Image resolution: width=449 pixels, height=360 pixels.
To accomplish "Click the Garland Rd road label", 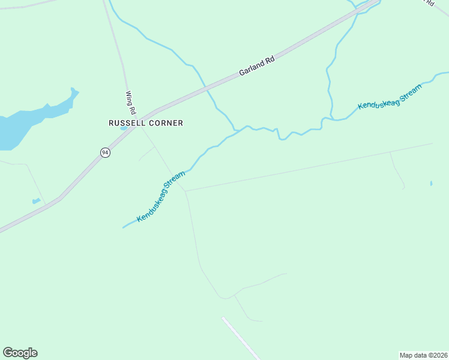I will pyautogui.click(x=256, y=65).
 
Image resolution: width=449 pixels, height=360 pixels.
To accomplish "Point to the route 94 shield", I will pyautogui.click(x=105, y=152).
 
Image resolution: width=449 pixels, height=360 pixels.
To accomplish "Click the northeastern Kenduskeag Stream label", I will pyautogui.click(x=390, y=97).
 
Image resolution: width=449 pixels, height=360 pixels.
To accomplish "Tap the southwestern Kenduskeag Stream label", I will pyautogui.click(x=161, y=196).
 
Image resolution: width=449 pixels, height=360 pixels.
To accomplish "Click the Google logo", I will pyautogui.click(x=20, y=352).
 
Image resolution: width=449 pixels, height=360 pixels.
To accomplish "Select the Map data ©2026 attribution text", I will pyautogui.click(x=423, y=355).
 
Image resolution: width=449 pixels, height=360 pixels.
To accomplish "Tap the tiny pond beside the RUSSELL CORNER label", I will pyautogui.click(x=123, y=128).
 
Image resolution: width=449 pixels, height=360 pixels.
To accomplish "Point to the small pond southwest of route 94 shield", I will pyautogui.click(x=37, y=201).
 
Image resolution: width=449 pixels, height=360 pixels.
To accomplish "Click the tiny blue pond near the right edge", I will pyautogui.click(x=431, y=183).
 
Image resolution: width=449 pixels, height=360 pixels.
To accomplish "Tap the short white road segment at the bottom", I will pyautogui.click(x=240, y=338).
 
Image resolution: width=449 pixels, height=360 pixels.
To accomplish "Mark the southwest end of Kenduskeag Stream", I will pyautogui.click(x=123, y=227).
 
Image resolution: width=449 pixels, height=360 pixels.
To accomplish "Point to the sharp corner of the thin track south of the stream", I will pyautogui.click(x=185, y=191).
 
